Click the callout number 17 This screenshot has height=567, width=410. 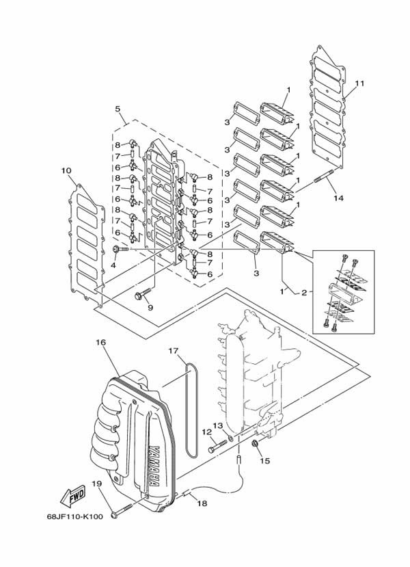pos(174,351)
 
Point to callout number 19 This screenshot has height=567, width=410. pos(96,484)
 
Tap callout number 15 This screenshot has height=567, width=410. pos(264,460)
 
